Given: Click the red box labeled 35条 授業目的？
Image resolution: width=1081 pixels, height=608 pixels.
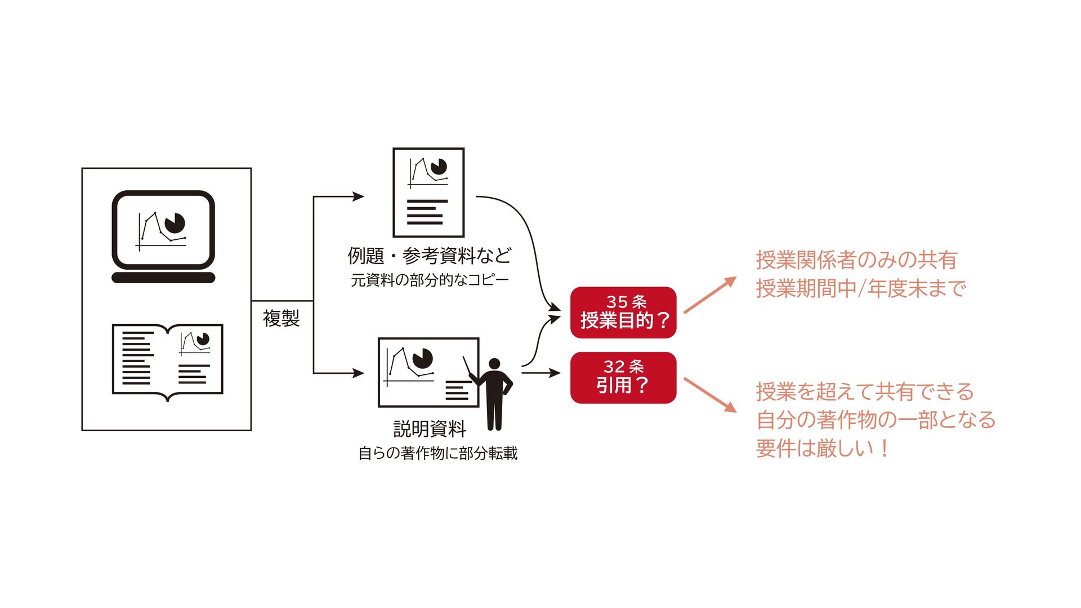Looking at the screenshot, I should [623, 312].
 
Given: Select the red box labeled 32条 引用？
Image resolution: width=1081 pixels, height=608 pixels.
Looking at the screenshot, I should [623, 377].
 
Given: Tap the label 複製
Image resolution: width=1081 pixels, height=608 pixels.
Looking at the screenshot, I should [281, 318].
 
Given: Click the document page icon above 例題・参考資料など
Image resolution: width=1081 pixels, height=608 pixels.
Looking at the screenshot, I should [428, 193].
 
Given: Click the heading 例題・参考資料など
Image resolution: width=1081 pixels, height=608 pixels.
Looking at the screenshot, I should [430, 256].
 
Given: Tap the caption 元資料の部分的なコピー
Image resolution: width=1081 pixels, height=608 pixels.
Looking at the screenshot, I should [430, 280].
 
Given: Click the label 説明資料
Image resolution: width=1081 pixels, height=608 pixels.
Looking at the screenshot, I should [430, 429].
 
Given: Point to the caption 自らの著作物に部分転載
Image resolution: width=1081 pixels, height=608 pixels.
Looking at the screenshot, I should [437, 453].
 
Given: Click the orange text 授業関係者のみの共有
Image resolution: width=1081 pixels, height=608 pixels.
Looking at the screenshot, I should [856, 260].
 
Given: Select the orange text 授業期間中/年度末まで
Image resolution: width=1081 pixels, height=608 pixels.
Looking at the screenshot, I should [861, 288].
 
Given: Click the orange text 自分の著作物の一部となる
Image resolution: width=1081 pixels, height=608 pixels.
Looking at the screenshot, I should [875, 420].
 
